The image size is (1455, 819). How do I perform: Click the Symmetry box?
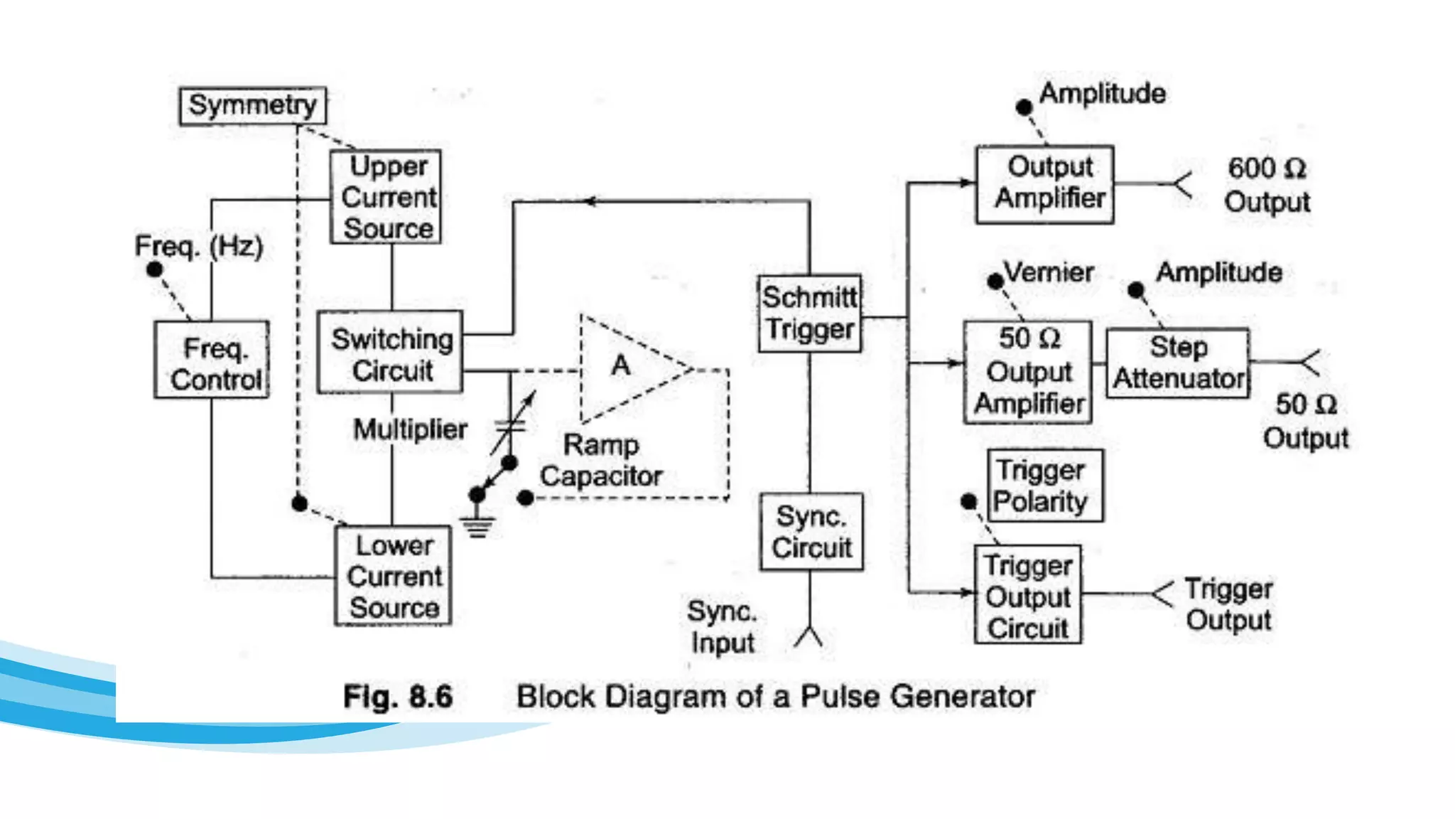point(252,106)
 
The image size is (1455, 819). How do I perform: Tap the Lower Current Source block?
point(393,576)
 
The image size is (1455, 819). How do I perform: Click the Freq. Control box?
point(212,360)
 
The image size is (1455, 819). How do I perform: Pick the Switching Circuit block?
point(390,353)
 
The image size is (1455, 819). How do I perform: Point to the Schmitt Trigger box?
point(809,314)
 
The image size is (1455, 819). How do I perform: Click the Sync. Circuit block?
point(811,532)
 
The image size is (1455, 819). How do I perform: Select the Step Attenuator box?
point(1177,363)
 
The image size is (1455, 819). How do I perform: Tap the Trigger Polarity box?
point(1045,486)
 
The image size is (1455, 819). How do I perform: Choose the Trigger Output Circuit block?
point(1027,595)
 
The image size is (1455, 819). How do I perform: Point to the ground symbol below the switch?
point(477,527)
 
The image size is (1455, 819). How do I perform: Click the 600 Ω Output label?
point(1267,185)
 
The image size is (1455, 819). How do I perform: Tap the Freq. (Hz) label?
point(199,246)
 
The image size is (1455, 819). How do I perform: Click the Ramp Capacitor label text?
point(600,461)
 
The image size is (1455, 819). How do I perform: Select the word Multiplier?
point(410,429)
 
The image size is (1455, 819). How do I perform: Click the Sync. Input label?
point(722,627)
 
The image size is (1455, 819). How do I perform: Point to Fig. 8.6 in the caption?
point(398,697)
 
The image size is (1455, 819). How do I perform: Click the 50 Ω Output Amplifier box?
point(1027,373)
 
